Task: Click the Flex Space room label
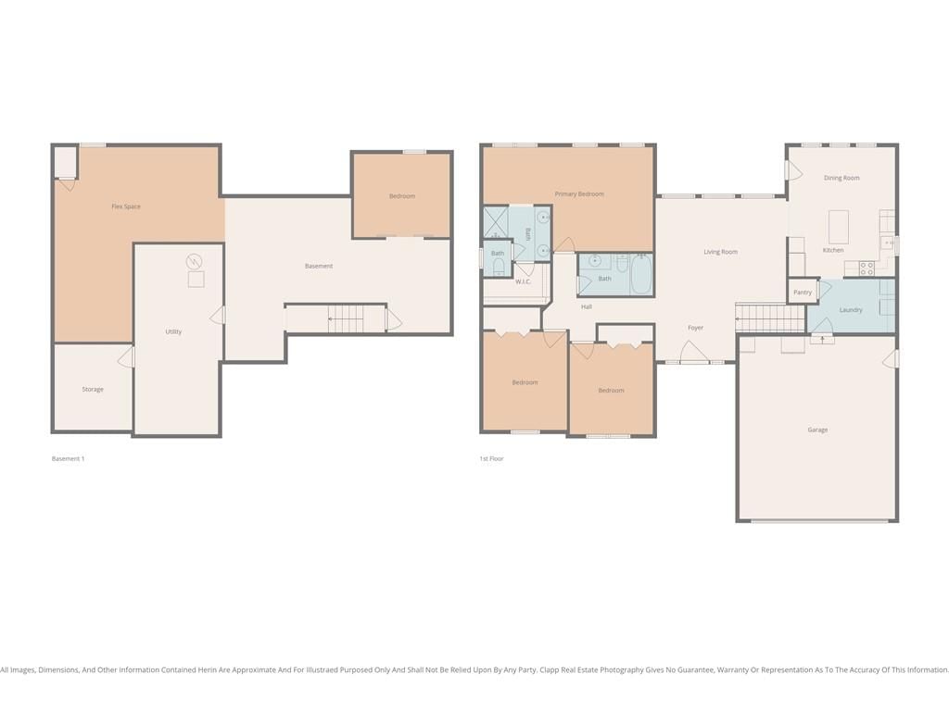click(126, 206)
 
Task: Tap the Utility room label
click(173, 332)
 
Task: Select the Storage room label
click(93, 390)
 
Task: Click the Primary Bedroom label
click(579, 194)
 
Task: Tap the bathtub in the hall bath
click(640, 274)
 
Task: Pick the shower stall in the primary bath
click(496, 223)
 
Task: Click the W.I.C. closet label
click(523, 281)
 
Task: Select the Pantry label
click(803, 293)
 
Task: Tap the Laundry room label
click(851, 310)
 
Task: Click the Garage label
click(817, 430)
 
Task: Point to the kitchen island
click(838, 227)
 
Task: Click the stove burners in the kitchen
click(867, 268)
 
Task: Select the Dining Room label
click(841, 179)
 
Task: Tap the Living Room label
click(720, 252)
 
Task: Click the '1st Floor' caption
click(491, 459)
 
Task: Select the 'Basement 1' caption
click(68, 459)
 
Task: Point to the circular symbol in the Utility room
click(194, 262)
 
